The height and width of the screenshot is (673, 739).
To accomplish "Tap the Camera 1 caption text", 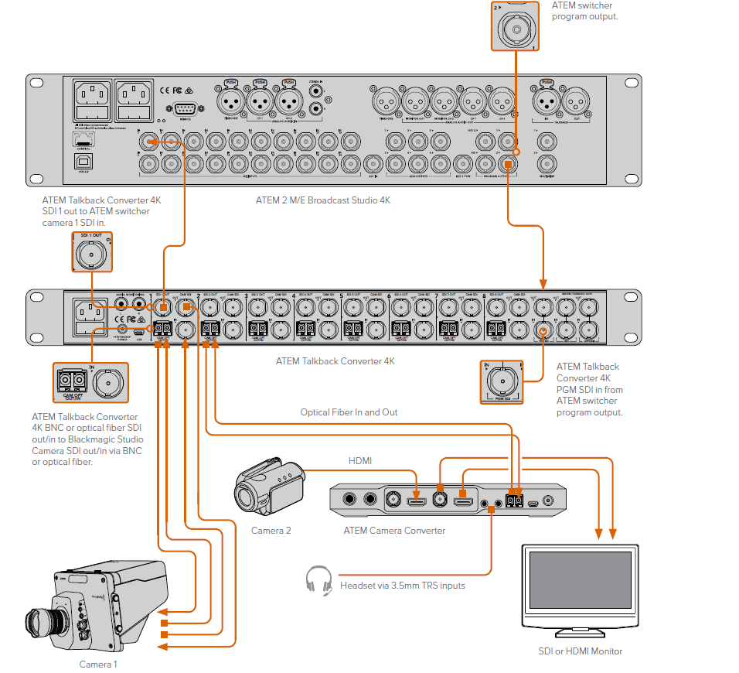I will click(x=98, y=664).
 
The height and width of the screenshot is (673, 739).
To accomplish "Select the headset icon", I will click(x=318, y=580).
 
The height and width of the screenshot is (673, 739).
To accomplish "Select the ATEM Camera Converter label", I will click(x=394, y=531).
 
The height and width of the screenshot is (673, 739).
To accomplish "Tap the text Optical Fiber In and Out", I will click(x=349, y=412).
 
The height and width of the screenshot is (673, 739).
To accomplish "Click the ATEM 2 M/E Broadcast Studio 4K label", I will click(x=334, y=200).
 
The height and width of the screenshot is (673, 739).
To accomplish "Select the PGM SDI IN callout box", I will click(x=502, y=381).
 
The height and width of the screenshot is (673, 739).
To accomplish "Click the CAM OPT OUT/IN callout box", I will click(x=90, y=382).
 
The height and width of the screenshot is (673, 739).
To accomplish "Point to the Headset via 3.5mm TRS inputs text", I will click(x=403, y=586).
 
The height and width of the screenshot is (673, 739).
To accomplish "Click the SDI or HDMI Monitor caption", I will click(x=580, y=651).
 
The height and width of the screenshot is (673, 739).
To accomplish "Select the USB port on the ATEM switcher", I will click(x=83, y=160).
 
